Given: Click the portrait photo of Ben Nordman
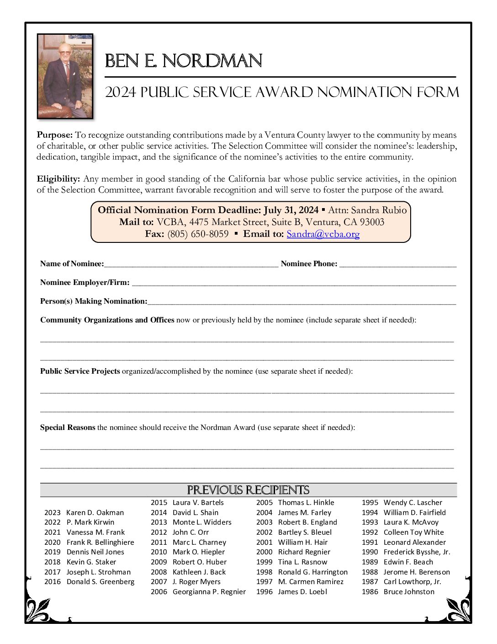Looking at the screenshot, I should [65, 76].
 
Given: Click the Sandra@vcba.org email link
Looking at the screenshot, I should [323, 234].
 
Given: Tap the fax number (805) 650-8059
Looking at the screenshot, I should [198, 234].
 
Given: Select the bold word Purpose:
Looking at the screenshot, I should [55, 135].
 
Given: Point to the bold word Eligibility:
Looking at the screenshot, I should [58, 179].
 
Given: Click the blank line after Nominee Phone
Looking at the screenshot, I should [398, 264].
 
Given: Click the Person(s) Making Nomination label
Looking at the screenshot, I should [94, 301].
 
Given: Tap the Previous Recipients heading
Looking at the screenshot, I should [248, 490].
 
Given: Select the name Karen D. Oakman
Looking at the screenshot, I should [95, 513].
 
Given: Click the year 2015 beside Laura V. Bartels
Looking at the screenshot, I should [159, 503].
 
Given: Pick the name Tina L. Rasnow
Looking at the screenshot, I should [302, 562].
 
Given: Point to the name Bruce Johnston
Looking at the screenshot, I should [409, 592].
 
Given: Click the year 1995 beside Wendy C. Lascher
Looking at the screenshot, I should [370, 503].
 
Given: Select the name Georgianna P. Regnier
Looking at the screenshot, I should [209, 592].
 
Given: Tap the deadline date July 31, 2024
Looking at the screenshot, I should [291, 210].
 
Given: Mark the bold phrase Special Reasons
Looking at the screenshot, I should [68, 428].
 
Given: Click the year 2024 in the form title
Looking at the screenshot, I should [121, 92].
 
